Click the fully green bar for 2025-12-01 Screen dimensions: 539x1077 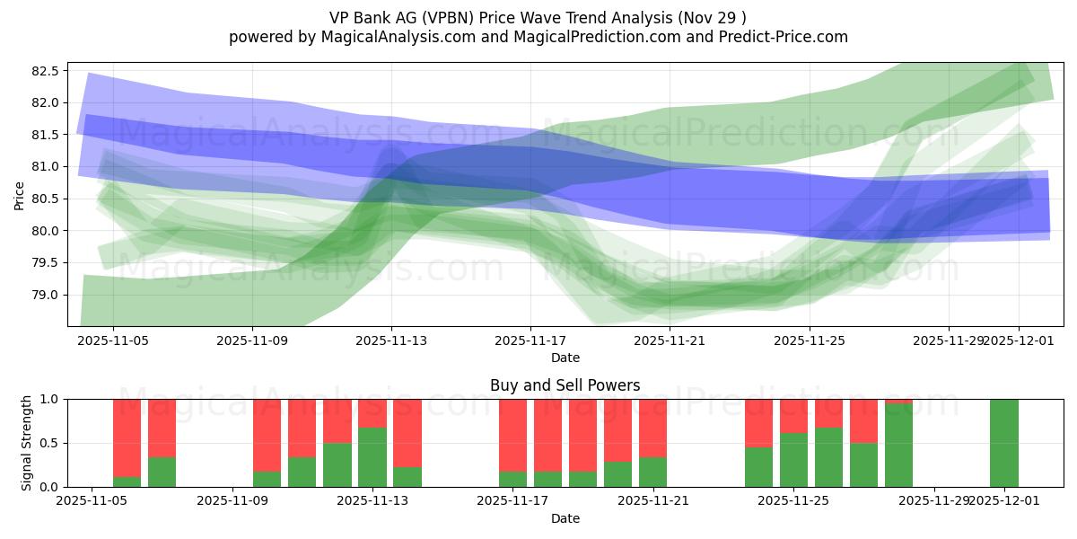coord(1004,443)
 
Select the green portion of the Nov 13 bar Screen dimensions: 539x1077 coord(372,457)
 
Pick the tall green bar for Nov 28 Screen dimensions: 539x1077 coord(898,446)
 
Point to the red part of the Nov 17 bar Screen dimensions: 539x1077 coord(512,435)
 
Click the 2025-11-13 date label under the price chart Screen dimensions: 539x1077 coord(391,341)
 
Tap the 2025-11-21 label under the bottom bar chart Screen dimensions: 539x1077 coord(653,501)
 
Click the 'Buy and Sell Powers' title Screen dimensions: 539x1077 coord(565,385)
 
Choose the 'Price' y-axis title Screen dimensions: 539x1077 coord(20,195)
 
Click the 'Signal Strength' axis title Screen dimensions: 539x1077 coord(27,443)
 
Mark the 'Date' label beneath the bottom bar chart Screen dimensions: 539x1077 coord(565,518)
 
